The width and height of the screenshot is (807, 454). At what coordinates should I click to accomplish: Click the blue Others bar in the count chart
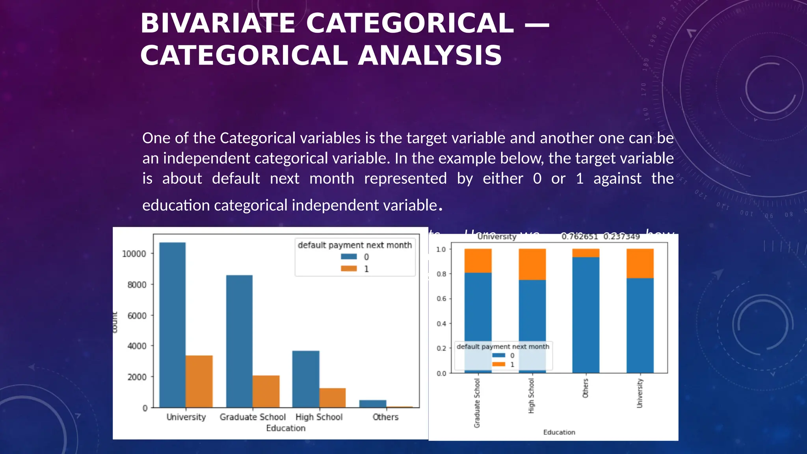point(372,404)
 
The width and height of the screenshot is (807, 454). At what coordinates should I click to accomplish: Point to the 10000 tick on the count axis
point(134,254)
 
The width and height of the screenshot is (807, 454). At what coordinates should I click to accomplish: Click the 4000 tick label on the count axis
point(137,346)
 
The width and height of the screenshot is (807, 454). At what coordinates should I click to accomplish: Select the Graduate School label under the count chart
point(253,417)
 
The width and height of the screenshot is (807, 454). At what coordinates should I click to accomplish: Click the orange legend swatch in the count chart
point(349,269)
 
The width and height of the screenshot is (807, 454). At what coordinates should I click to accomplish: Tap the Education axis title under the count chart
point(286,428)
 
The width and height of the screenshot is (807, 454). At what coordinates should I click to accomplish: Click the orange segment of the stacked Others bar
point(586,253)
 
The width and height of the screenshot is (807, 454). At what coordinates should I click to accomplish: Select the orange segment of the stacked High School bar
point(532,264)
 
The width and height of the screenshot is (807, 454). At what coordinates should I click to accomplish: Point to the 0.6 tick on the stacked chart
point(441,299)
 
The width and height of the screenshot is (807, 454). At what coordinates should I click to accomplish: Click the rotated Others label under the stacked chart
point(586,388)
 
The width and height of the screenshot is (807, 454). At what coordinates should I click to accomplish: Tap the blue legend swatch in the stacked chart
point(498,355)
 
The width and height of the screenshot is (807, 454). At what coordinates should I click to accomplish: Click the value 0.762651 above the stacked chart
point(579,236)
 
